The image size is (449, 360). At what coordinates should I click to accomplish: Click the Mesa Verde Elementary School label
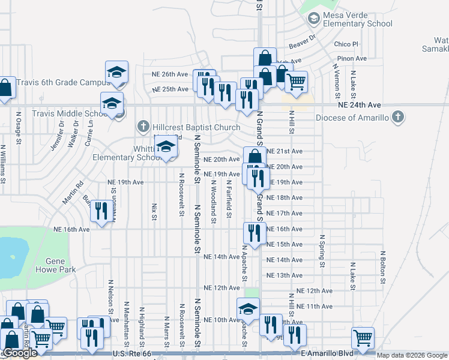pos(357,20)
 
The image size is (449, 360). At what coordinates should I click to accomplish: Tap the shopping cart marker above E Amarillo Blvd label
pos(363,338)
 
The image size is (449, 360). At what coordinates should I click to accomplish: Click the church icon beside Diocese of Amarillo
pos(399,118)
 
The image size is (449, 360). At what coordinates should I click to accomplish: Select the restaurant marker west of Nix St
pos(101,211)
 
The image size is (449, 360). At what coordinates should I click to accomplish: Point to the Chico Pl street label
pos(346,44)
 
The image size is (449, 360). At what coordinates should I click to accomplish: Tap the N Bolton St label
pos(382,268)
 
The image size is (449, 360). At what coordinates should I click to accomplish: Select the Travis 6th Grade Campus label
pos(61,83)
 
